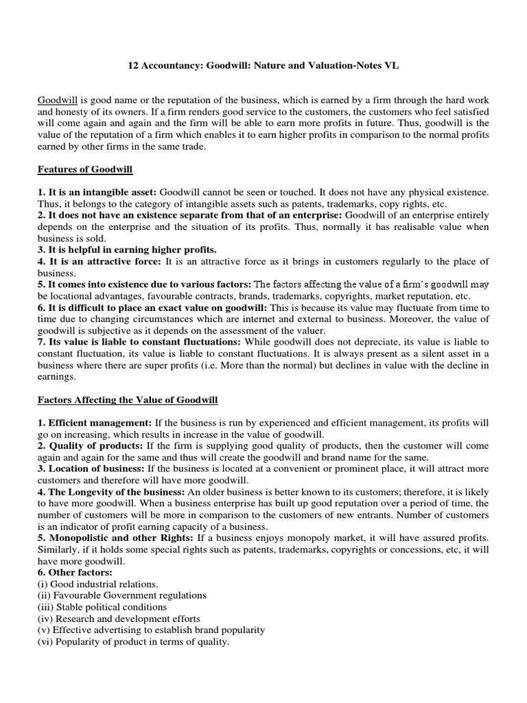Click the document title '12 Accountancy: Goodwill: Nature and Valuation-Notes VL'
click(263, 66)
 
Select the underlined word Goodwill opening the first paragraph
click(57, 101)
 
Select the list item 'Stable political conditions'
click(102, 607)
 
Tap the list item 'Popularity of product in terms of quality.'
click(133, 642)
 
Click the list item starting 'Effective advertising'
click(151, 630)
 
